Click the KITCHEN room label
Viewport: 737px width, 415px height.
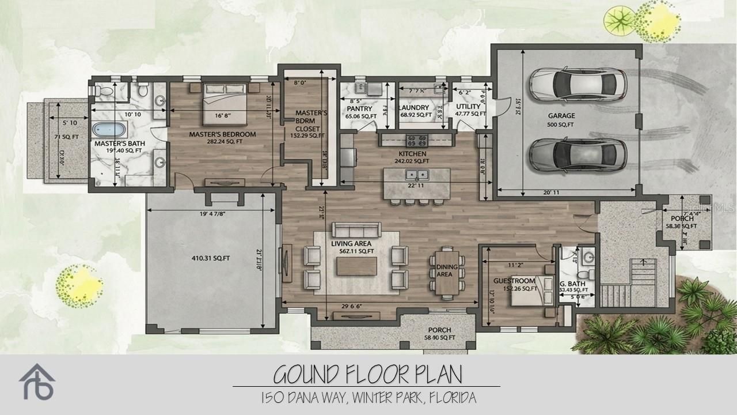(412, 154)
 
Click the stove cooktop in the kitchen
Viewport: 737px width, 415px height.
(417, 139)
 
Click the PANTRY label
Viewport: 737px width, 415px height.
(359, 108)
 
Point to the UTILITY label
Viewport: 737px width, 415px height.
(468, 107)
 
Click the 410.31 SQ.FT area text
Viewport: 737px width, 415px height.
(208, 259)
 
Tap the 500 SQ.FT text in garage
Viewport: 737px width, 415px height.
(561, 124)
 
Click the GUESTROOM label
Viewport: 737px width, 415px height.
(514, 281)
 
